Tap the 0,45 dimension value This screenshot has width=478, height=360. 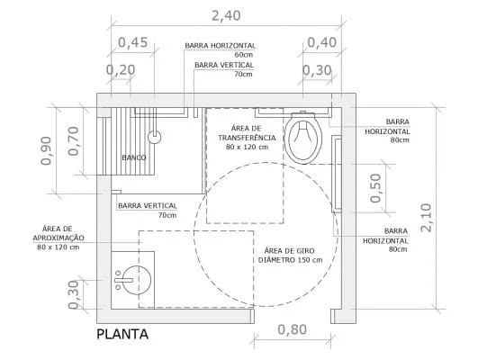[133, 42]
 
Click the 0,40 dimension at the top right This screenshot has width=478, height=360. [322, 42]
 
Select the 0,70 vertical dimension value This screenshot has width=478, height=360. [75, 140]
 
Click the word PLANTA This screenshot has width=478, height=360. [122, 335]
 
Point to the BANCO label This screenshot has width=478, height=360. [134, 158]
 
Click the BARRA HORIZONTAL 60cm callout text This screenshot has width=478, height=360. [221, 49]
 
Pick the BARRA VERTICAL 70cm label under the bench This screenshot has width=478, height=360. [147, 211]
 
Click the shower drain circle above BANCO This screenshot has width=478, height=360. [155, 137]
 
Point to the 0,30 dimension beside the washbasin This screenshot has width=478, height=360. [74, 292]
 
